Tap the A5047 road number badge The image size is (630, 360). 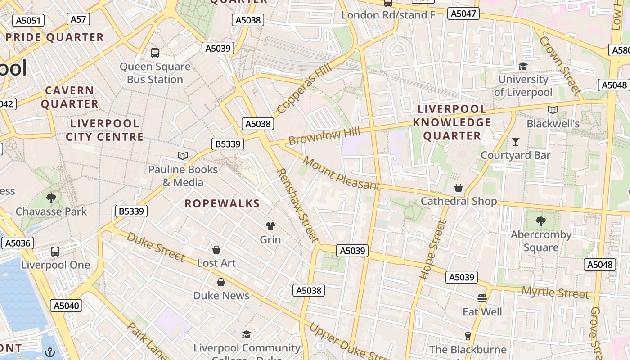point(463,13)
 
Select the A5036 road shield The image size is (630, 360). point(18,243)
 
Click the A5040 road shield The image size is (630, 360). point(66,306)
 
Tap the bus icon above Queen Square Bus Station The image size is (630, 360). point(155,53)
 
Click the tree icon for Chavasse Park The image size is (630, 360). point(51,198)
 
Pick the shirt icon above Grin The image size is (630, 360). point(270,226)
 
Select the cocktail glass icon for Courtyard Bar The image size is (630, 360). point(516,142)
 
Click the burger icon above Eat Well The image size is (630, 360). point(482,298)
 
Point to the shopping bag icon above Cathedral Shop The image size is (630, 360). point(459,188)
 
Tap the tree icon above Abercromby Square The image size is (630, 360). point(541,221)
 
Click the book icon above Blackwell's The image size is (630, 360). point(553,110)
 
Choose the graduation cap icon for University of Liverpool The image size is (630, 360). point(523,66)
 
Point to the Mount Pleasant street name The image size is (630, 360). point(342,173)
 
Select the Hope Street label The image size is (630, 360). point(432,250)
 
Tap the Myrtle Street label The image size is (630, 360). point(555,293)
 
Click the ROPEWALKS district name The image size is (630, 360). point(222,203)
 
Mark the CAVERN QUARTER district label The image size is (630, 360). point(70,97)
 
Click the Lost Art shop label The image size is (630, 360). point(216,263)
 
